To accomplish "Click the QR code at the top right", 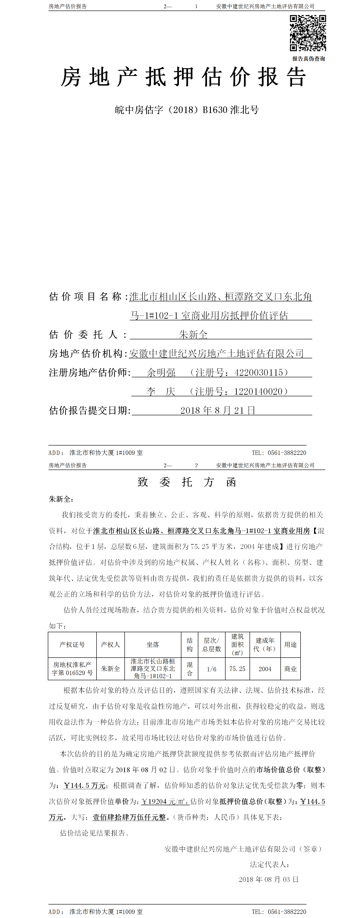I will [x=308, y=33].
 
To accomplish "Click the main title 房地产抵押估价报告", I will [x=183, y=77].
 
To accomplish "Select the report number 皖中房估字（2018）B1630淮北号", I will [x=187, y=110].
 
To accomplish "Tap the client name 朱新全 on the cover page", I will [x=193, y=335].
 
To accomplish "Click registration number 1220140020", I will [x=258, y=391].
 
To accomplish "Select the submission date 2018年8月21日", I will [x=218, y=410].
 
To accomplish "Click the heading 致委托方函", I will [x=187, y=482].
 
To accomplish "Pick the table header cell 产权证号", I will [x=72, y=645].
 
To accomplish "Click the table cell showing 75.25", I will [x=237, y=669].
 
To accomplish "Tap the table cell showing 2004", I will [x=265, y=669].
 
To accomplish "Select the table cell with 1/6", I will [x=212, y=669].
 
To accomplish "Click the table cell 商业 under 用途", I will [x=290, y=669].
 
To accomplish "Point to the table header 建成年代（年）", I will [x=265, y=645].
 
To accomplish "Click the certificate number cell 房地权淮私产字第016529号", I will [x=72, y=669].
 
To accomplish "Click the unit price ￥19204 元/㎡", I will [x=165, y=802].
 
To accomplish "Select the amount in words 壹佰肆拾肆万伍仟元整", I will [x=129, y=817].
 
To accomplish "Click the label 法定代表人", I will [x=269, y=864].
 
